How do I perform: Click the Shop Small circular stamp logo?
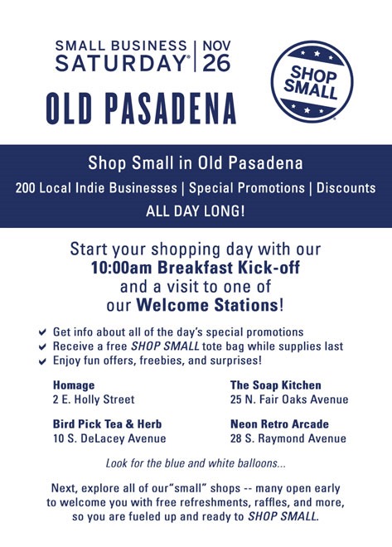[312, 81]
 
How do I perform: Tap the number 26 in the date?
[216, 63]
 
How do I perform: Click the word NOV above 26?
[216, 46]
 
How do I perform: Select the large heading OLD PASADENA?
[141, 109]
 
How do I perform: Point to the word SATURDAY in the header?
[121, 63]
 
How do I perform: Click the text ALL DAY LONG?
[196, 211]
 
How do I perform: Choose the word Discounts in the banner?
[346, 188]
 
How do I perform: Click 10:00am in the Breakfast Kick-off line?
[121, 268]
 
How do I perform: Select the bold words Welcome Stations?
[207, 305]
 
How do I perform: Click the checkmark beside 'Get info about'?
[42, 332]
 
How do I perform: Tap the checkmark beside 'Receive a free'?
[42, 346]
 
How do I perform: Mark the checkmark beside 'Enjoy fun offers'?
[42, 361]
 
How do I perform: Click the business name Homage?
[74, 385]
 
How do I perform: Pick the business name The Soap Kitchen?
[275, 385]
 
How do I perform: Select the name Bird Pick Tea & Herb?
[108, 424]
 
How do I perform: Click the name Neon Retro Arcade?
[279, 424]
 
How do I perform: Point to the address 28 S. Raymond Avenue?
[288, 438]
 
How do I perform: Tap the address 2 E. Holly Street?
[94, 399]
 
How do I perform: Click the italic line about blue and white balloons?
[196, 463]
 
